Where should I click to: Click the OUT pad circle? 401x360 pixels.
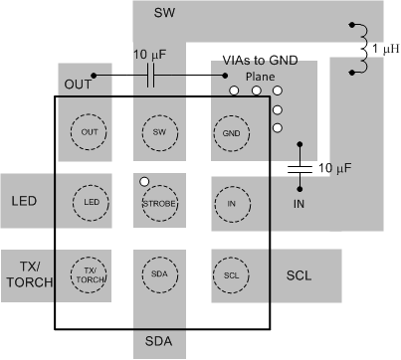tap(90, 131)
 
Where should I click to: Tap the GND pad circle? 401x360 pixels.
tap(231, 131)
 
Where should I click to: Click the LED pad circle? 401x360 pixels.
tap(90, 203)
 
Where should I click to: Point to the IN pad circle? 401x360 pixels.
tap(231, 203)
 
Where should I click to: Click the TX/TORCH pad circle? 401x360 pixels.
tap(90, 274)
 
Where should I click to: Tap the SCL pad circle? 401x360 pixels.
tap(231, 273)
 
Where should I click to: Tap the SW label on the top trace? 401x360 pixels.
tap(164, 14)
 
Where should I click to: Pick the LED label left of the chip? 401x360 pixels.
tap(24, 203)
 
